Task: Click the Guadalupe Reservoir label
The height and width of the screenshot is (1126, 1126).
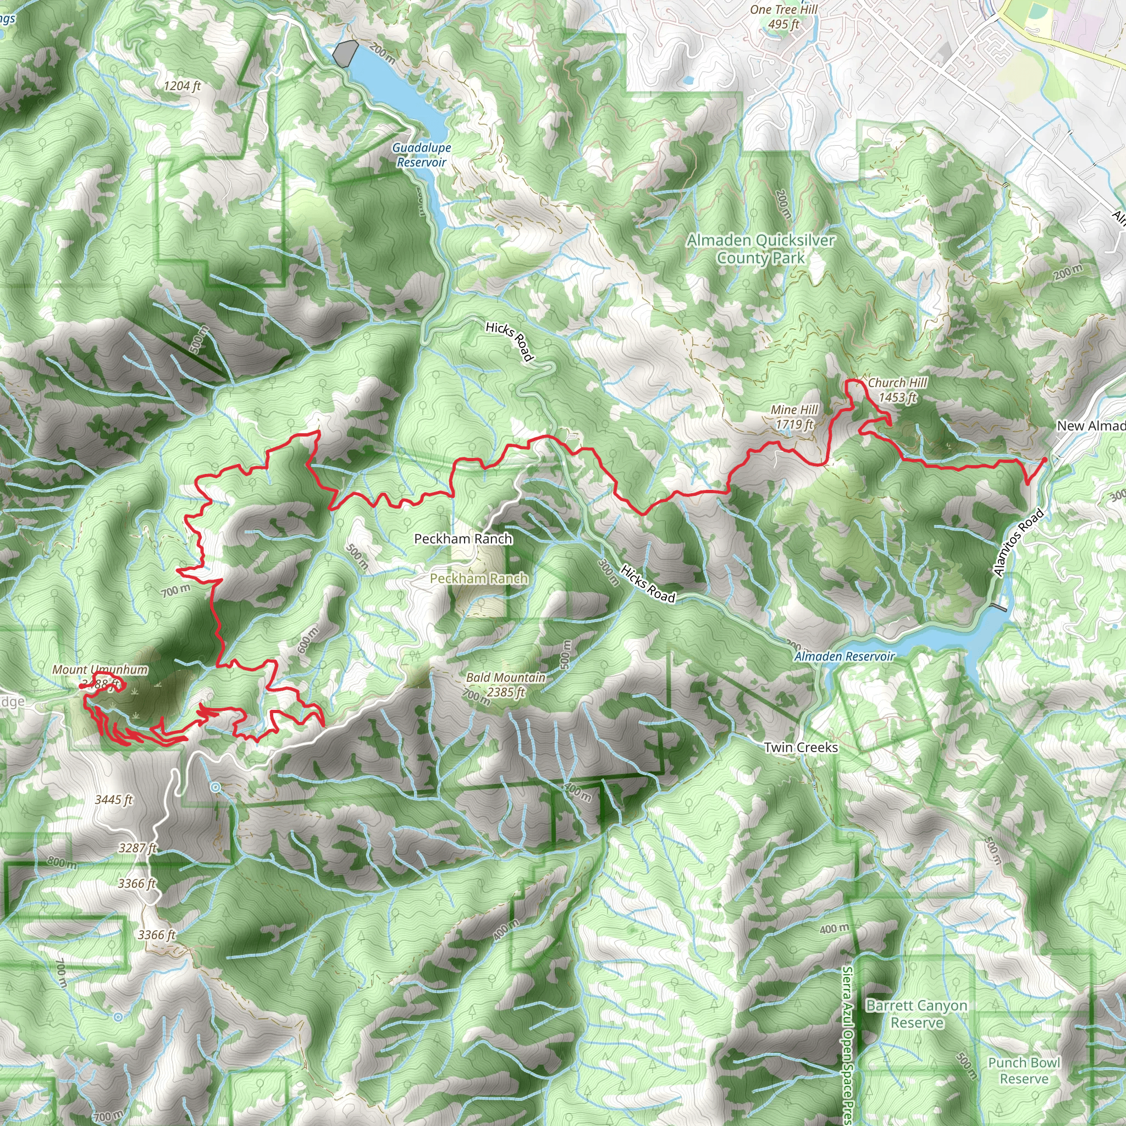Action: pyautogui.click(x=421, y=155)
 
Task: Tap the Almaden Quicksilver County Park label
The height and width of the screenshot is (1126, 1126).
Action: pyautogui.click(x=760, y=249)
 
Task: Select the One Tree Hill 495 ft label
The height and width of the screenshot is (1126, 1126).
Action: pyautogui.click(x=783, y=17)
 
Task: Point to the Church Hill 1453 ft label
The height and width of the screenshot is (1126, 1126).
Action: pyautogui.click(x=897, y=390)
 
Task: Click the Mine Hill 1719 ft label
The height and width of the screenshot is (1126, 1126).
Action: pyautogui.click(x=794, y=417)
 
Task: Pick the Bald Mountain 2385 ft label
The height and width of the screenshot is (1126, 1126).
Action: pyautogui.click(x=505, y=684)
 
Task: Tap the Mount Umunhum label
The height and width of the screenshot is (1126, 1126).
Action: pyautogui.click(x=100, y=670)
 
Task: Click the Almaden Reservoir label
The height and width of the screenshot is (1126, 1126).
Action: pyautogui.click(x=844, y=656)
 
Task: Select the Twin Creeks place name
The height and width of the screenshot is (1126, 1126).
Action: pyautogui.click(x=801, y=747)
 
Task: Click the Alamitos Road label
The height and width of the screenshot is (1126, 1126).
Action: pyautogui.click(x=1018, y=543)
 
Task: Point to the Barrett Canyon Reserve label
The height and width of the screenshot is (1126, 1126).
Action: pyautogui.click(x=917, y=1013)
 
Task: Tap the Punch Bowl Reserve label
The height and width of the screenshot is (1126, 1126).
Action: pyautogui.click(x=1024, y=1070)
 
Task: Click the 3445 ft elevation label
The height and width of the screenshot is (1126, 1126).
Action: pyautogui.click(x=114, y=799)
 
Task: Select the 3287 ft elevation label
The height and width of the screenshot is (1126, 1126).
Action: pyautogui.click(x=137, y=848)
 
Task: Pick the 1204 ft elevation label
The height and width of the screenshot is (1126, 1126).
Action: pyautogui.click(x=183, y=86)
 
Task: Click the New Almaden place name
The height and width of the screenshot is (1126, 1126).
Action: pyautogui.click(x=1090, y=426)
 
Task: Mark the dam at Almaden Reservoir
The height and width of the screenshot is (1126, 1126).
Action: pyautogui.click(x=998, y=608)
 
